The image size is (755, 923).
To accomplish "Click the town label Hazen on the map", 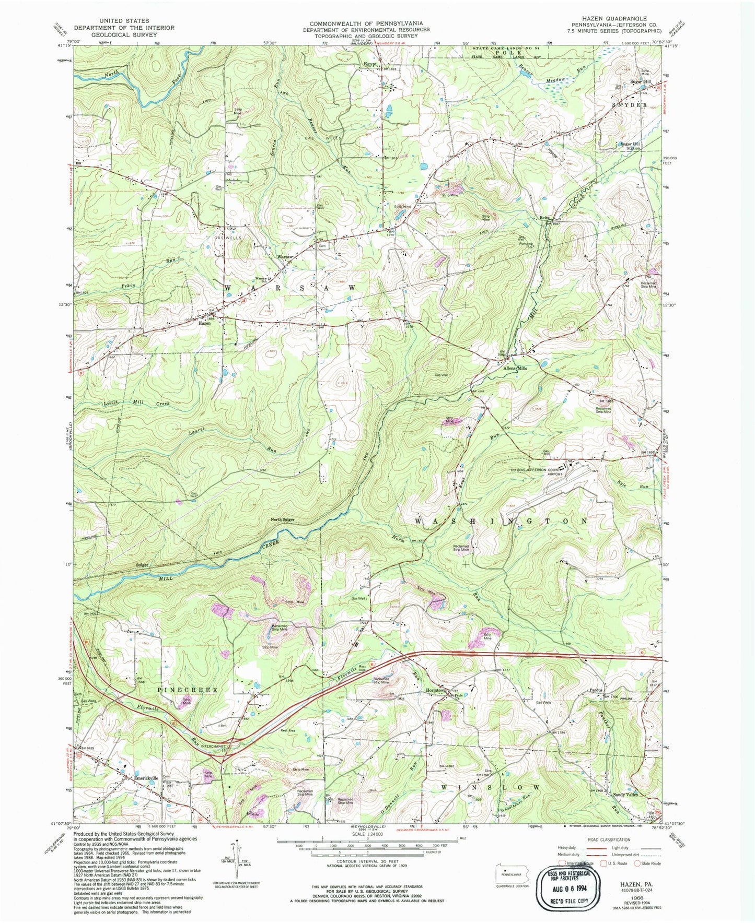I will click(204, 323).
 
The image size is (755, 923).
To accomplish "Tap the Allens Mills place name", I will click(516, 368).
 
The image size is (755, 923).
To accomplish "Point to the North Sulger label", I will click(283, 519).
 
